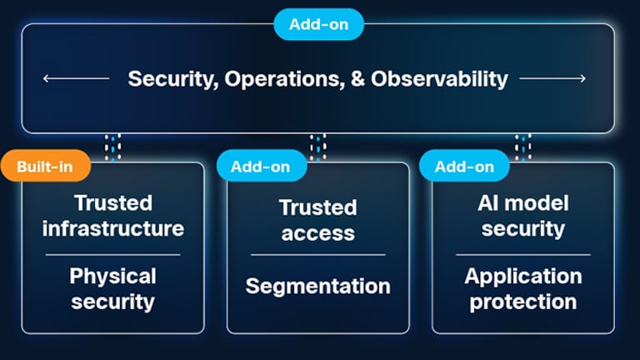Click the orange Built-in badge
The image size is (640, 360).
pyautogui.click(x=46, y=166)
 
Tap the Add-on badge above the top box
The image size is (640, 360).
pyautogui.click(x=318, y=24)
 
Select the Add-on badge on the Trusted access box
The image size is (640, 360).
pyautogui.click(x=261, y=166)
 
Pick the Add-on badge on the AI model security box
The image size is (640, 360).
pyautogui.click(x=464, y=166)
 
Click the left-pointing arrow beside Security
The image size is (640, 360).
pyautogui.click(x=77, y=78)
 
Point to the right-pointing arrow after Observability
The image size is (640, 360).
pyautogui.click(x=552, y=78)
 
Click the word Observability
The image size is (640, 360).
pyautogui.click(x=439, y=79)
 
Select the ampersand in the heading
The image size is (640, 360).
pyautogui.click(x=357, y=79)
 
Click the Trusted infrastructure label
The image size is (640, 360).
pyautogui.click(x=113, y=216)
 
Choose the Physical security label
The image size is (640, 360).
pyautogui.click(x=113, y=289)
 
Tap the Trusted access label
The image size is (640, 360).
pyautogui.click(x=318, y=220)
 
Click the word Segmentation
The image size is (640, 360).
pyautogui.click(x=318, y=286)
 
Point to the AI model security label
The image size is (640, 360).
pyautogui.click(x=523, y=216)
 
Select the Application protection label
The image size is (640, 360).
pyautogui.click(x=523, y=289)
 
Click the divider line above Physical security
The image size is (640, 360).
pyautogui.click(x=113, y=255)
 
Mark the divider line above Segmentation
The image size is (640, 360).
pyautogui.click(x=318, y=255)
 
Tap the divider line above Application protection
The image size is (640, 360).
pyautogui.click(x=523, y=255)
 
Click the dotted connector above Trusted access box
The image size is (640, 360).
pyautogui.click(x=318, y=147)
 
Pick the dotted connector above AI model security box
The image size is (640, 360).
pyautogui.click(x=523, y=147)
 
